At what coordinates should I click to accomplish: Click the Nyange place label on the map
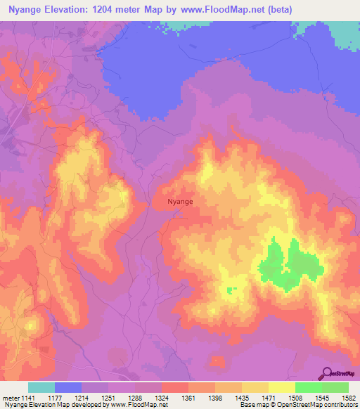(x=180, y=202)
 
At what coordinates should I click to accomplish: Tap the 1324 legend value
(x=161, y=398)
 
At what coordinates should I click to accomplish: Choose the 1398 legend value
(x=214, y=398)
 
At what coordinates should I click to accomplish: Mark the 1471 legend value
(x=268, y=398)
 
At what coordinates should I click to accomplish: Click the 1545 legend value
(x=321, y=398)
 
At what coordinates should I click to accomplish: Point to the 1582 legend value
(x=348, y=398)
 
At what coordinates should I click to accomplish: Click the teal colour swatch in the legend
(x=41, y=387)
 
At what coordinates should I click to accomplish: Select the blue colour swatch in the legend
(x=68, y=387)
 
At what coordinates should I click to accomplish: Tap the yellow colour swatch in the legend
(x=281, y=387)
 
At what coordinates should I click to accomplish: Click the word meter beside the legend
(x=8, y=398)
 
